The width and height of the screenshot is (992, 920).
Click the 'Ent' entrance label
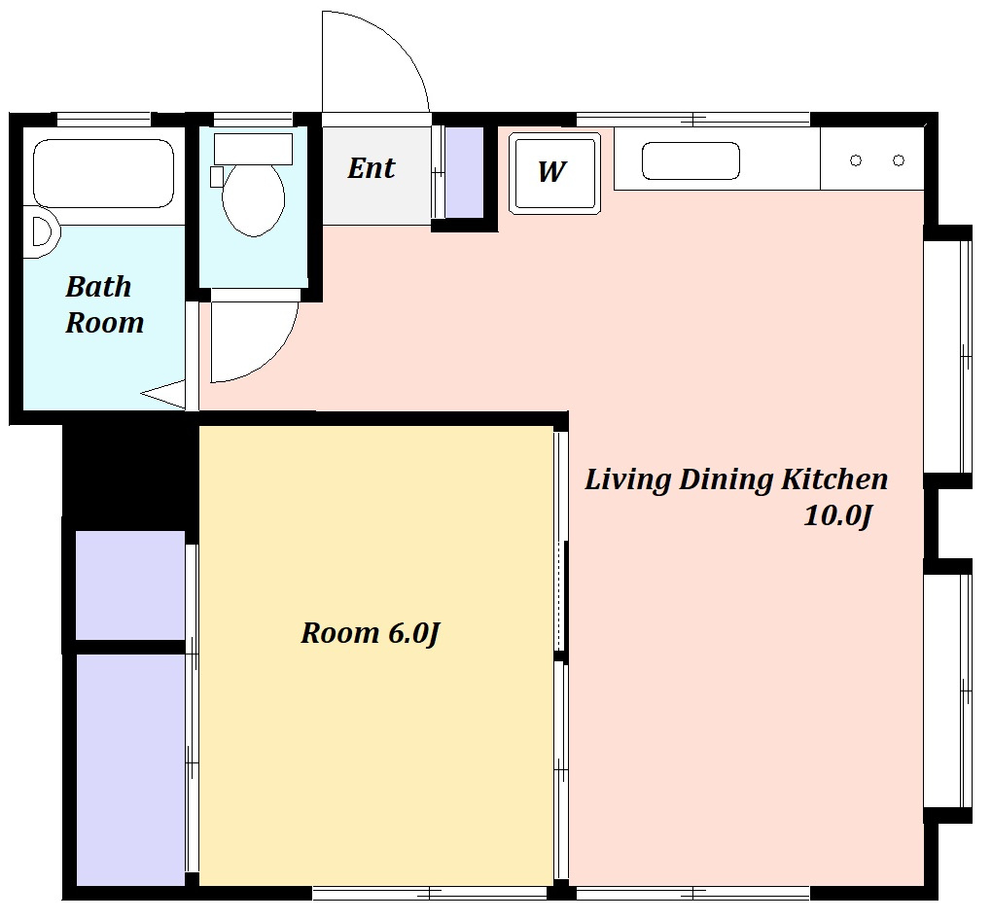coord(372,168)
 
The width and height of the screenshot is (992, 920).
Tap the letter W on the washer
coord(551,171)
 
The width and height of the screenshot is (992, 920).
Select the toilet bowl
coord(254,200)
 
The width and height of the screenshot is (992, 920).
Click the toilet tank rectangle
coord(253,150)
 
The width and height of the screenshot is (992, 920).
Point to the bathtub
coord(103,173)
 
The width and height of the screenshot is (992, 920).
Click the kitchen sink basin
coord(691,160)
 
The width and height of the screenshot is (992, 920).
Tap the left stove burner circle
coord(856,160)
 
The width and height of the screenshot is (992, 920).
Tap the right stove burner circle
coord(899,160)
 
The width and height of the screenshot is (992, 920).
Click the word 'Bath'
coord(98,287)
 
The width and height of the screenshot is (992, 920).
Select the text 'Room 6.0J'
coord(371,633)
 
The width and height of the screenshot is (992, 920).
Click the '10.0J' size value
coord(838,515)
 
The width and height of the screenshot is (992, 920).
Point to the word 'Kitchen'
coord(834,479)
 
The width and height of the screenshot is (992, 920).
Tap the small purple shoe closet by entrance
coord(464,172)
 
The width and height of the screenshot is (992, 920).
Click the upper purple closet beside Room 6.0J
coord(130,585)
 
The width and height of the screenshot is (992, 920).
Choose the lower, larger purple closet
coord(131,770)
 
